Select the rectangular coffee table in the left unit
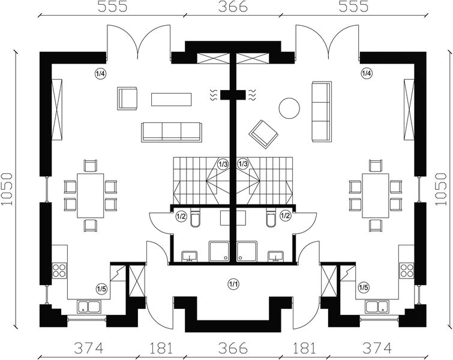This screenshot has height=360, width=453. (171, 99)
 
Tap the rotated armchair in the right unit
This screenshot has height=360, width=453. (262, 133)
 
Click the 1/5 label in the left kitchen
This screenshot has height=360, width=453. (102, 290)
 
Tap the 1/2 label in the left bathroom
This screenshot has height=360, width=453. (181, 216)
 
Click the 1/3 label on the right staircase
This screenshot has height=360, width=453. (243, 164)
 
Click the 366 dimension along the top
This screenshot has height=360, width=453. (232, 8)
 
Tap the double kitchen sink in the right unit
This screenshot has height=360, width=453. (378, 307)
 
